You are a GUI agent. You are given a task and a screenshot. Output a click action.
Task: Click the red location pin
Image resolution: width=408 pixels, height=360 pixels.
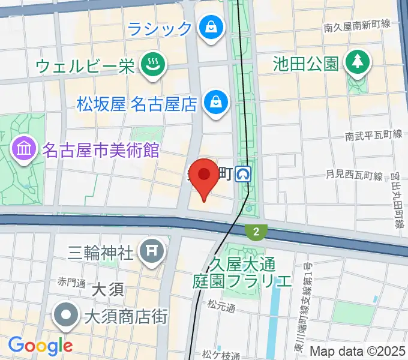click(x=205, y=177)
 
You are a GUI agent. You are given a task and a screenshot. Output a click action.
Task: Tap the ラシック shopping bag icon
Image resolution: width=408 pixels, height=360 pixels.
click(x=212, y=28)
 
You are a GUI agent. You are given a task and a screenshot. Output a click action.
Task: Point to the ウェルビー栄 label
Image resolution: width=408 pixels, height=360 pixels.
click(x=85, y=65)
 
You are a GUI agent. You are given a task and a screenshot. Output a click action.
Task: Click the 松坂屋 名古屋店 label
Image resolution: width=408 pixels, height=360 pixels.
click(x=137, y=104)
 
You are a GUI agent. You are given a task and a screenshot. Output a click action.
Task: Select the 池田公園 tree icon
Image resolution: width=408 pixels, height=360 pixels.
click(x=358, y=61)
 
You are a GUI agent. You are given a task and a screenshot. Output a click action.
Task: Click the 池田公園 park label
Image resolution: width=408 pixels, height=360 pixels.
click(x=306, y=63)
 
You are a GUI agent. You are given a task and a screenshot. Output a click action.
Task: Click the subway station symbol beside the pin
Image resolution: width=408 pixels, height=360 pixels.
click(x=244, y=175)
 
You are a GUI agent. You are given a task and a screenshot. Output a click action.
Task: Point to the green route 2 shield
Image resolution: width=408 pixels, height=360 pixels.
click(x=256, y=232)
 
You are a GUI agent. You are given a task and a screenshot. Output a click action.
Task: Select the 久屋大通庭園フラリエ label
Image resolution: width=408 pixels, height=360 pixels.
click(x=242, y=272)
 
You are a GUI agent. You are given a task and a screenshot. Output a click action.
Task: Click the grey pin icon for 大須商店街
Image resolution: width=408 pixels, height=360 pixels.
click(x=67, y=314)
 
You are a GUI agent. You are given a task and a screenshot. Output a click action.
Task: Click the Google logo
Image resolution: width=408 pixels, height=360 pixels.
click(x=40, y=346)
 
